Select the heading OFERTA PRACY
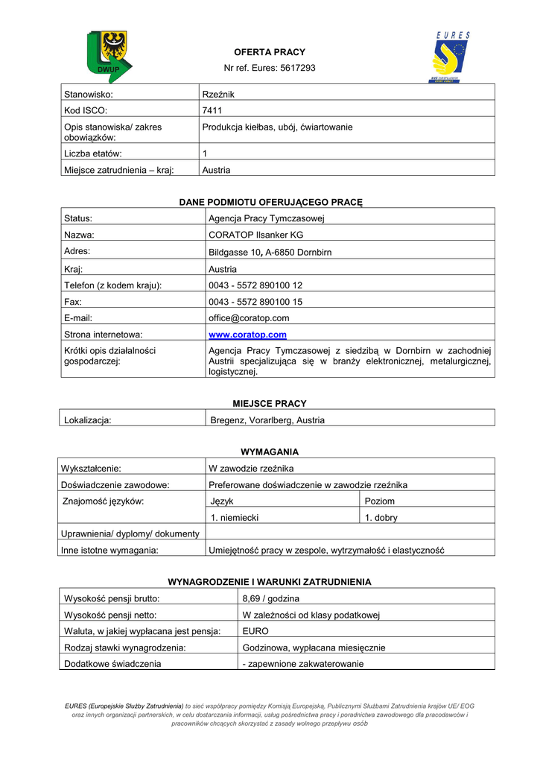click(x=270, y=52)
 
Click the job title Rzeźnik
click(x=218, y=94)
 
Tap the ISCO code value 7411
click(x=212, y=110)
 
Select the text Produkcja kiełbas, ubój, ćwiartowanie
click(x=277, y=127)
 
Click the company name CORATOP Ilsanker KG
click(x=256, y=235)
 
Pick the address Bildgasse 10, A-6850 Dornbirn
click(x=270, y=253)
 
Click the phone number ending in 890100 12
click(x=255, y=285)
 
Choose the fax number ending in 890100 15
click(x=255, y=302)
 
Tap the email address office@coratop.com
click(x=249, y=318)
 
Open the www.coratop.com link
click(x=247, y=335)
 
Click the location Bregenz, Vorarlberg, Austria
click(x=267, y=420)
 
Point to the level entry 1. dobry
click(x=381, y=518)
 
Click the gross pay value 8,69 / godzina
click(x=271, y=598)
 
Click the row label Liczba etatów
click(x=93, y=153)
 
